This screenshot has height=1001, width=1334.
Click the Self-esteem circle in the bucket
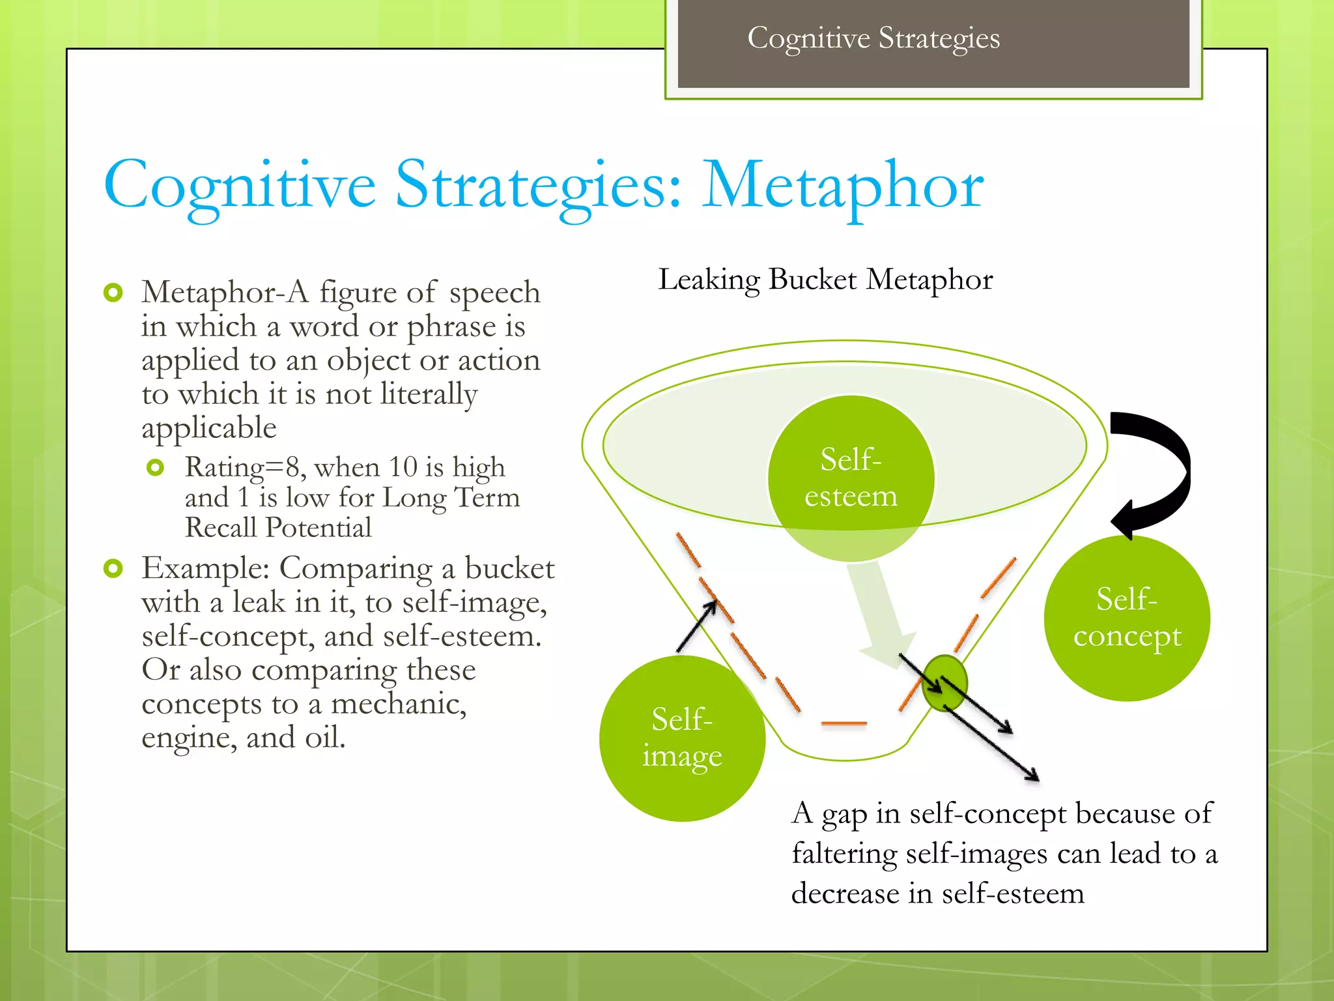(x=851, y=478)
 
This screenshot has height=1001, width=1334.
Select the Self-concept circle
(x=1127, y=618)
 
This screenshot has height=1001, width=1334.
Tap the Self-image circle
(x=682, y=738)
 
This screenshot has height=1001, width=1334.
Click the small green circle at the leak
(x=944, y=683)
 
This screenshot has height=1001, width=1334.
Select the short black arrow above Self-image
(x=697, y=626)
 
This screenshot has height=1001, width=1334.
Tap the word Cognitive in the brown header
(x=808, y=38)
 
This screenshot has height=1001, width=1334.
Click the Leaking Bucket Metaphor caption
(x=825, y=280)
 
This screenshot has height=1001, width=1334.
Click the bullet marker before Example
(x=113, y=568)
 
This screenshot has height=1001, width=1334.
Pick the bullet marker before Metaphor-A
(x=113, y=293)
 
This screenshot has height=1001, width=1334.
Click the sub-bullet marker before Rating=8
(x=155, y=467)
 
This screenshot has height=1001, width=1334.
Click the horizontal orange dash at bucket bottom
(x=844, y=723)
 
